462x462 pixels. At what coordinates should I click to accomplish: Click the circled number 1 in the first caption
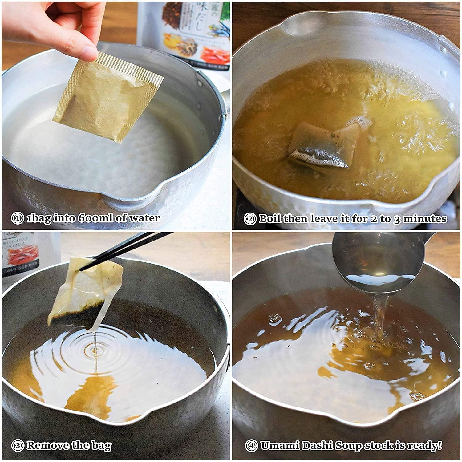coord(17,218)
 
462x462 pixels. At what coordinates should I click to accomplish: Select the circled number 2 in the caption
coord(250,219)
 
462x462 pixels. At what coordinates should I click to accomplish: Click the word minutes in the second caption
coord(425,219)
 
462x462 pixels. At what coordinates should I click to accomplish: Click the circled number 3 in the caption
coord(17,445)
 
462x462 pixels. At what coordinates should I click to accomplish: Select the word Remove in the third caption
coord(48,445)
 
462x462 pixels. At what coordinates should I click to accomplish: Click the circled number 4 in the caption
coord(251,445)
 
